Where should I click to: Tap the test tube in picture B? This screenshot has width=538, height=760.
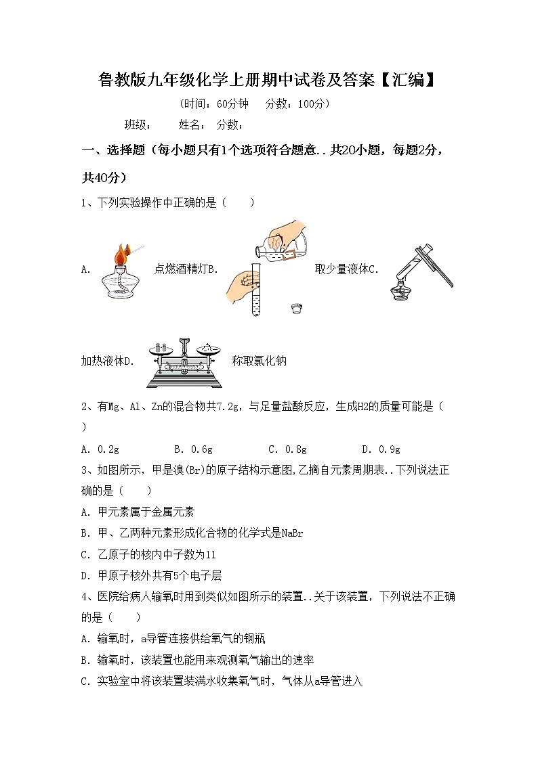[x=255, y=284]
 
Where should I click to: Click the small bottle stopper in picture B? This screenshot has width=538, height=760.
[x=296, y=309]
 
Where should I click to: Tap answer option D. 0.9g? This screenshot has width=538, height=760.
[x=381, y=449]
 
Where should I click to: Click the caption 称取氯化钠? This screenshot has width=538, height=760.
[x=259, y=361]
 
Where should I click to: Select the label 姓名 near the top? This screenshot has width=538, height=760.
[x=191, y=125]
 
